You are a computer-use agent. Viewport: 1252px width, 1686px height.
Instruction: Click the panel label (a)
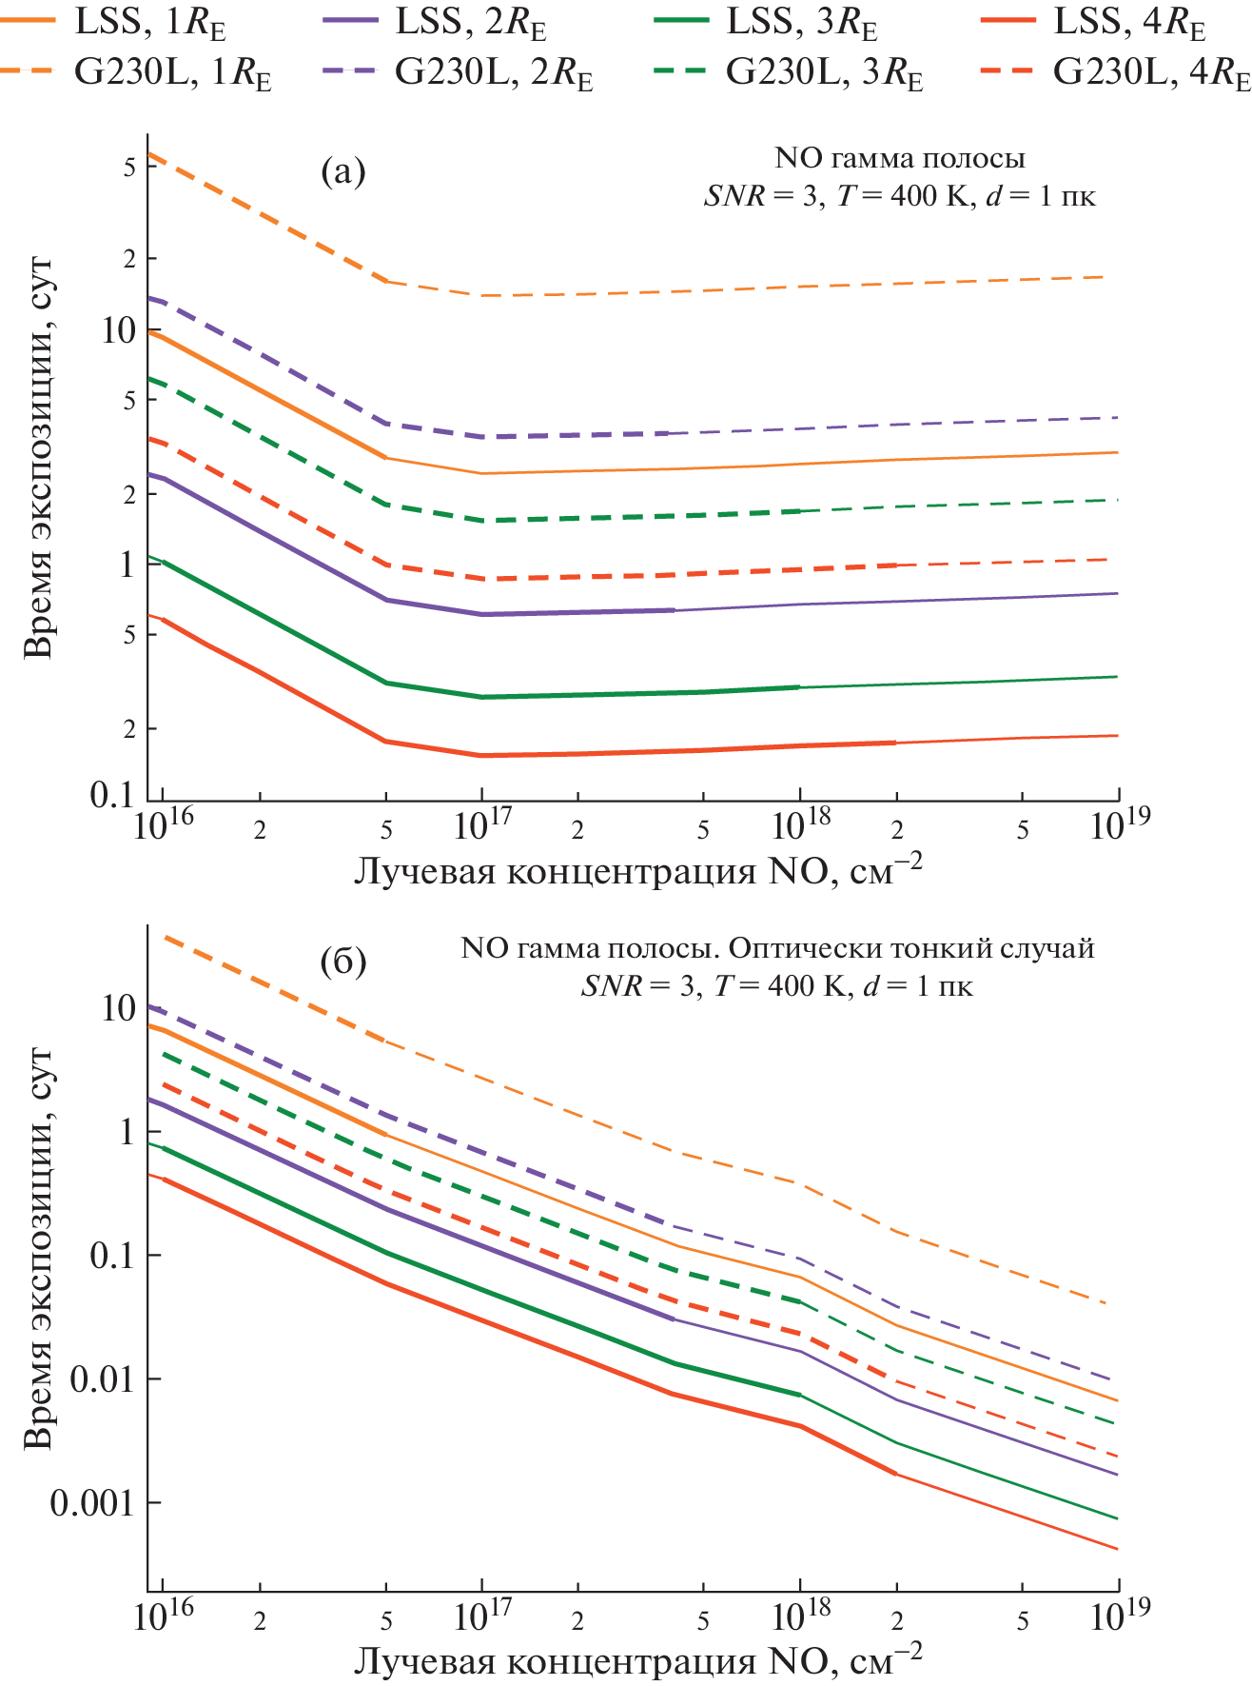click(343, 172)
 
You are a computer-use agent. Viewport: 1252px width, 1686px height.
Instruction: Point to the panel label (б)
click(343, 962)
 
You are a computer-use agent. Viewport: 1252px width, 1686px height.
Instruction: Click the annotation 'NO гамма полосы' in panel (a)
click(900, 158)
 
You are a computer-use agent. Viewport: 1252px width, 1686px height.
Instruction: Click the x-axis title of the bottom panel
click(637, 1660)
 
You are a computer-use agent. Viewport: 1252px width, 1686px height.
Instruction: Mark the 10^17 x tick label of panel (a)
click(483, 824)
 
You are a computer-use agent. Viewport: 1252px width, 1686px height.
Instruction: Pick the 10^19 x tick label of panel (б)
click(1119, 1615)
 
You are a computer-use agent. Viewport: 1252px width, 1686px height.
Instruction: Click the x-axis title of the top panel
click(637, 870)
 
